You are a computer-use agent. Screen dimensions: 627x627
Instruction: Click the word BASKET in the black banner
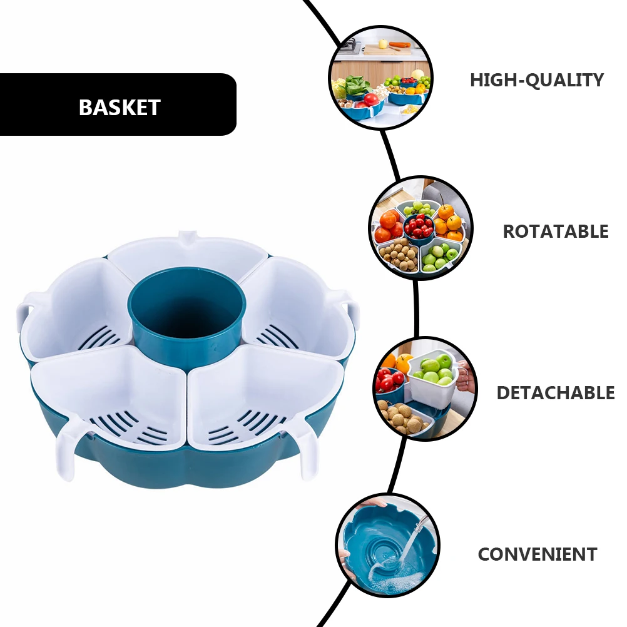(120, 107)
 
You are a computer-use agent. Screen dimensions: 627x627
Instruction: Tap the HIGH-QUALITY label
(536, 80)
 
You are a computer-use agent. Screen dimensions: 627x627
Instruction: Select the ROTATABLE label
(555, 232)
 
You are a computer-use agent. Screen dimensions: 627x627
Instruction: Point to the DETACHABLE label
(555, 393)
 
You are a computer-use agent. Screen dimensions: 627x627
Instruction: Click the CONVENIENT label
(537, 554)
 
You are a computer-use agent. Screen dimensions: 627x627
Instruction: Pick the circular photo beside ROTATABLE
(421, 228)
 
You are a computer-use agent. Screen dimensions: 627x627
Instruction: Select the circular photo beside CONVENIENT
(387, 545)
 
